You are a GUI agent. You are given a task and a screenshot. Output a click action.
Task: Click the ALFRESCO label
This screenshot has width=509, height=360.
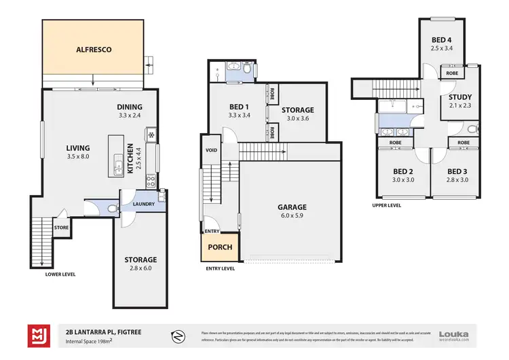[93, 50]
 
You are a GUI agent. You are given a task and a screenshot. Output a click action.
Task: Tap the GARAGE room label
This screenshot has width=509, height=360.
[291, 207]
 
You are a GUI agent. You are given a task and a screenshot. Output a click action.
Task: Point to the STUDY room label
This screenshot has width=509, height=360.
[459, 96]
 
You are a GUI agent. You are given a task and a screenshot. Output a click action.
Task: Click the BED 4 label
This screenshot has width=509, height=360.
[442, 40]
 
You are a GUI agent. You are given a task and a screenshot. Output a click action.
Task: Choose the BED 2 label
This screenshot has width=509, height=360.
[402, 171]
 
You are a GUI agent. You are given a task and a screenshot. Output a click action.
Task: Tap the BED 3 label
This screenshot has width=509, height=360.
[455, 171]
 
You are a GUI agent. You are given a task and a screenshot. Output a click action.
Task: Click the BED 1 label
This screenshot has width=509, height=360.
[238, 107]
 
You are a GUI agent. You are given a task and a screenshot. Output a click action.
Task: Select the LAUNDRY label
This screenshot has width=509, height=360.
[143, 204]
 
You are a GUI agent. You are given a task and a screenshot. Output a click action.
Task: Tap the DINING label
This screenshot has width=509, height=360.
[129, 107]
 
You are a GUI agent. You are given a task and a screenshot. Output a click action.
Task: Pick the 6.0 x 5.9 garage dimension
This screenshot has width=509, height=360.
[291, 216]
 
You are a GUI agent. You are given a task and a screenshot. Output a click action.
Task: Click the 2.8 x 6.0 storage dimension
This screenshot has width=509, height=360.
[140, 268]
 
